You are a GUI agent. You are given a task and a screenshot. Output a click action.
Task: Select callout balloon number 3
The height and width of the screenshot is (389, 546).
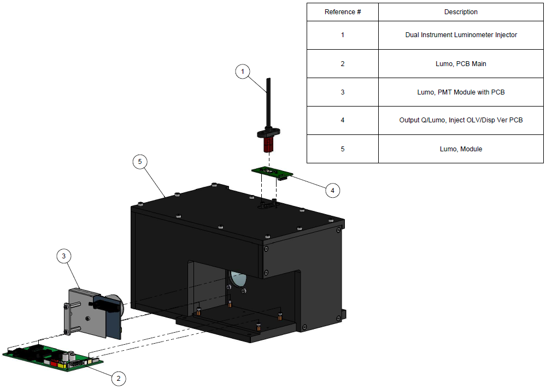click(x=64, y=255)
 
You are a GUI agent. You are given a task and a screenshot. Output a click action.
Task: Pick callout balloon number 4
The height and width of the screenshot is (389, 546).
click(x=332, y=190)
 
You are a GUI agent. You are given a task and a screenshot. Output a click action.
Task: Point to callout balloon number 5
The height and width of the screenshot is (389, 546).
click(x=140, y=161)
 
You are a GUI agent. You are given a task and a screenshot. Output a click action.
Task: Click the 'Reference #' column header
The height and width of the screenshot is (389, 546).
click(x=343, y=12)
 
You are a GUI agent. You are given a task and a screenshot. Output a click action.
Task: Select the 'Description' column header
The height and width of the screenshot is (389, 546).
click(x=461, y=12)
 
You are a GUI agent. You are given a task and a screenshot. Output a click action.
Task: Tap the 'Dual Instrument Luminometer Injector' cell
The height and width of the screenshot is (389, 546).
click(x=461, y=35)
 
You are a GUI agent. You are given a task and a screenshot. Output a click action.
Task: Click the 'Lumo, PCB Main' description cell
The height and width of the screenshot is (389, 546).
click(x=461, y=64)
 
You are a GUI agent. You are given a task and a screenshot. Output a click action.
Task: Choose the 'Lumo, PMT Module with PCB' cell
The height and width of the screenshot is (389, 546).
click(x=461, y=92)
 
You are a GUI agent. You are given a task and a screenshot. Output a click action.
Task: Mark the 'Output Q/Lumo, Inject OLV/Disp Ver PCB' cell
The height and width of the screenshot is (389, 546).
click(x=461, y=120)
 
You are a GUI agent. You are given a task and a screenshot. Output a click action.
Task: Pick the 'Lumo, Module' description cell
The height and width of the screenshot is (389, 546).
click(x=461, y=149)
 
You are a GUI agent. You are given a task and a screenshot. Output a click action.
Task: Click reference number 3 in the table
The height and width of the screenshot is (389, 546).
click(x=343, y=92)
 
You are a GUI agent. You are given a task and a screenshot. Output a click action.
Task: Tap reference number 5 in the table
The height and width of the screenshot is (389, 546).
click(x=343, y=149)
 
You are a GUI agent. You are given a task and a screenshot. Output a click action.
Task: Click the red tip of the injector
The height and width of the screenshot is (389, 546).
click(x=268, y=145)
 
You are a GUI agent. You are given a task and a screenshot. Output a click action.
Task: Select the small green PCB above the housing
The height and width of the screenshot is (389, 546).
click(x=270, y=173)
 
